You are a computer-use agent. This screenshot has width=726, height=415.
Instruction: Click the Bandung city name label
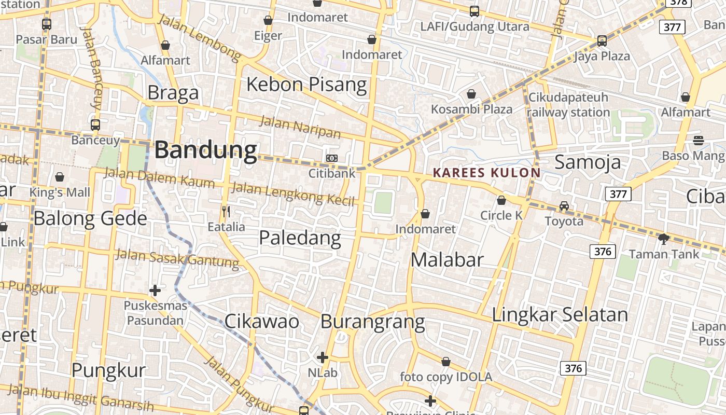(206, 150)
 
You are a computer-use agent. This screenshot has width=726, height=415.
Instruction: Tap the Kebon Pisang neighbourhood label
(306, 84)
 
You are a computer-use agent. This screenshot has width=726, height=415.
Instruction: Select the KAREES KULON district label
(486, 173)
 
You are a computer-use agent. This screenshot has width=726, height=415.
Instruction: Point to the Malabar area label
(447, 259)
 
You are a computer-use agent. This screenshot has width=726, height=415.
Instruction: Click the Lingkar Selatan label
(560, 314)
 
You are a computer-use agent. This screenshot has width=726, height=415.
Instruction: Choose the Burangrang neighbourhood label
(372, 322)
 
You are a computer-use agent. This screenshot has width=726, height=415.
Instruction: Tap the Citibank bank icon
(332, 158)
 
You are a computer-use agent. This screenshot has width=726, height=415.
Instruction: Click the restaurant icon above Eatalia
(226, 211)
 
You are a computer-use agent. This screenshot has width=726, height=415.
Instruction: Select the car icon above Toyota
(564, 206)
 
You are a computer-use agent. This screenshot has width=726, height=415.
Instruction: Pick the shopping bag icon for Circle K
(501, 200)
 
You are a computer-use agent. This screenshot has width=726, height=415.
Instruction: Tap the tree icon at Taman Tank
(663, 239)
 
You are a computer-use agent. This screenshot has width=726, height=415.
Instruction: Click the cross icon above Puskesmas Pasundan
(155, 290)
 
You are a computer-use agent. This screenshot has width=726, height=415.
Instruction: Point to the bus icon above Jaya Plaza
(602, 40)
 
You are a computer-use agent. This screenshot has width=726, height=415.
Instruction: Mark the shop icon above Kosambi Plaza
(471, 94)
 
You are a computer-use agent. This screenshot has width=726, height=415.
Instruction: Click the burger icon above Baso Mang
(699, 140)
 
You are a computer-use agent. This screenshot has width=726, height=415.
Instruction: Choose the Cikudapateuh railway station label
(568, 105)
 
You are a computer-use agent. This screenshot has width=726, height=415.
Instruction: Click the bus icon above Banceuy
(95, 125)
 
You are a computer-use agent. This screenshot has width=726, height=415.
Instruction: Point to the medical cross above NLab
(322, 357)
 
